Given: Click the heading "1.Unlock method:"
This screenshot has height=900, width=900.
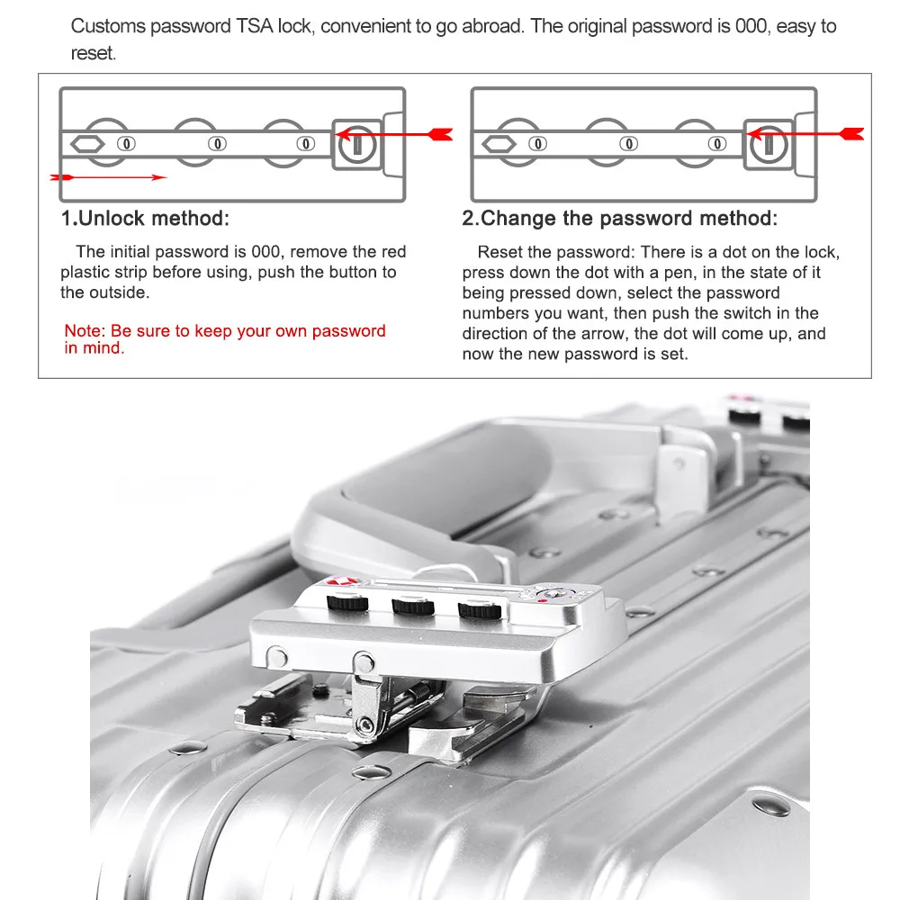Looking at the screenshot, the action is coord(145,219).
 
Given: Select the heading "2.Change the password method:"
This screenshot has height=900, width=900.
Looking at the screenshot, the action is coord(620,219).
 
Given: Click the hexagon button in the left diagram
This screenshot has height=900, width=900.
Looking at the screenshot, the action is coord(86,143).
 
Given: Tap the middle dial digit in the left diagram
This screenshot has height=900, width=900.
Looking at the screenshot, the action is coord(217,143).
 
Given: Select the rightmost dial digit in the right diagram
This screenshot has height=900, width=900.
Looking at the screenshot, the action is coord(717,143).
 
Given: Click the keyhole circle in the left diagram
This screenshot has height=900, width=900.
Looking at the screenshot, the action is coord(358,143).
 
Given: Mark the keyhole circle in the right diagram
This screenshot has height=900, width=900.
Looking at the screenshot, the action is coord(769,143).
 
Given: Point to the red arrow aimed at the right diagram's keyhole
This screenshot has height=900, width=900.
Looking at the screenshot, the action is coord(810,135).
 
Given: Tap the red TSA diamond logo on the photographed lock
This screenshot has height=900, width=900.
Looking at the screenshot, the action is coord(344,582).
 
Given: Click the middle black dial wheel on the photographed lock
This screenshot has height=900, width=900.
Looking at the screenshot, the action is coord(410,607).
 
